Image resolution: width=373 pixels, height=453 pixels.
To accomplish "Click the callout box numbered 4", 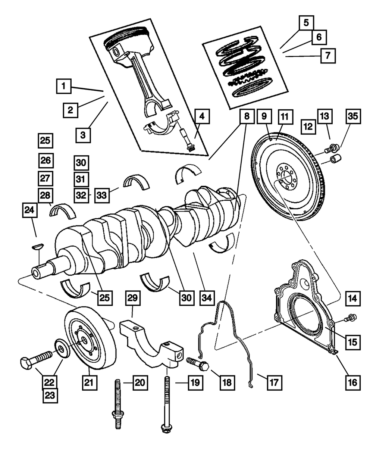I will point(201,117).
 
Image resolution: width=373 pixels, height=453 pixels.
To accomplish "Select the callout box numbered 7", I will point(327,56).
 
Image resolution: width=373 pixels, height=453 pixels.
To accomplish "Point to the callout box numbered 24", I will point(29,210).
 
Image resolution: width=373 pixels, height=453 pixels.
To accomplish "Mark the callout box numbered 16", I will point(352,382).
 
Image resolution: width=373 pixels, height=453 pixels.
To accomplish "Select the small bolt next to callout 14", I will point(351,318).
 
